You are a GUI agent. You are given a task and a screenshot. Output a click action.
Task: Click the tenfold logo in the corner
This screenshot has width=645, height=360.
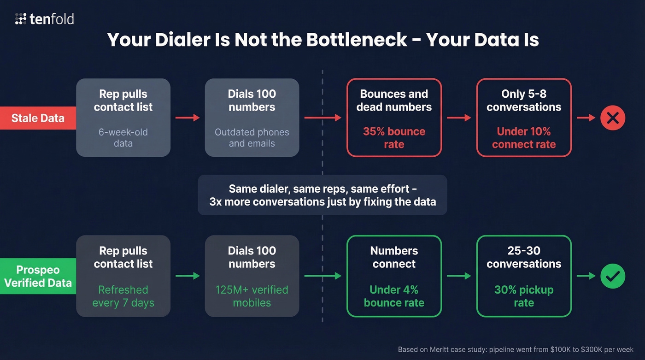click(44, 19)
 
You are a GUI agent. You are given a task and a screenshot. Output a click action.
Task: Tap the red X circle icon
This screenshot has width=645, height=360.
click(612, 118)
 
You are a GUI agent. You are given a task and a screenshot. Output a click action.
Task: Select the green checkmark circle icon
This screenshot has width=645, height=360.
click(612, 276)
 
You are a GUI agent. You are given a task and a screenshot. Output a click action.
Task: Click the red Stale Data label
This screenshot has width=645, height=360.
click(38, 118)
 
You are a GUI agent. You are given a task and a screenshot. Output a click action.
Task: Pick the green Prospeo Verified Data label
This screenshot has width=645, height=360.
click(38, 276)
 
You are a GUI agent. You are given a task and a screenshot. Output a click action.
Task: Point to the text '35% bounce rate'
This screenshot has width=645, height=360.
click(394, 138)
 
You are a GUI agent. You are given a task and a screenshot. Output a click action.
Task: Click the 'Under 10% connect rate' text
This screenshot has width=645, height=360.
click(524, 138)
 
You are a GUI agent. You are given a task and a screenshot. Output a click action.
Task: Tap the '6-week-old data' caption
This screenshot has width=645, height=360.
click(123, 137)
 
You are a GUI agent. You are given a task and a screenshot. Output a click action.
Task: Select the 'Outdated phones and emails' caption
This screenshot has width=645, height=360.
click(252, 137)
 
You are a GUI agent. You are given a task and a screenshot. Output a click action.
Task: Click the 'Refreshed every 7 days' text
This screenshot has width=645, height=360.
click(123, 296)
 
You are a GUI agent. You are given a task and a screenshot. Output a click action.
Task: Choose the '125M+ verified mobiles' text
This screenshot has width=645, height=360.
click(252, 296)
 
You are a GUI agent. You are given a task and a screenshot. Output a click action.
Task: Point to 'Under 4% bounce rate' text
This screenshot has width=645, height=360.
click(394, 296)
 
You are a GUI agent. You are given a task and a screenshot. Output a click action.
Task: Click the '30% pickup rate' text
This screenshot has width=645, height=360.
click(524, 296)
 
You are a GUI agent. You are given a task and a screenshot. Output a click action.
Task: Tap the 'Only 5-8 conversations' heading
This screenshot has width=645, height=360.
click(524, 100)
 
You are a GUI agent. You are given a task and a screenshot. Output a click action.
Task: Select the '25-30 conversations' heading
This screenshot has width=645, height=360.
click(524, 257)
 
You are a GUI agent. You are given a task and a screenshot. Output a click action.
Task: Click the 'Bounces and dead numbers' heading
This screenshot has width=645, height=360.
click(394, 100)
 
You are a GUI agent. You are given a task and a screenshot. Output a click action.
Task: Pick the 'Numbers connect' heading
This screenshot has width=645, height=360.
click(394, 257)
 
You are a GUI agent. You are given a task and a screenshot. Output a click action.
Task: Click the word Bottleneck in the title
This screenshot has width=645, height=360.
click(356, 40)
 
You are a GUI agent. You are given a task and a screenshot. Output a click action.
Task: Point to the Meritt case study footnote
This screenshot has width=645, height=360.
click(516, 349)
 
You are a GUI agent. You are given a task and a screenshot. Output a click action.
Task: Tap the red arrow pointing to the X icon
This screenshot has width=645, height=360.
click(586, 118)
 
